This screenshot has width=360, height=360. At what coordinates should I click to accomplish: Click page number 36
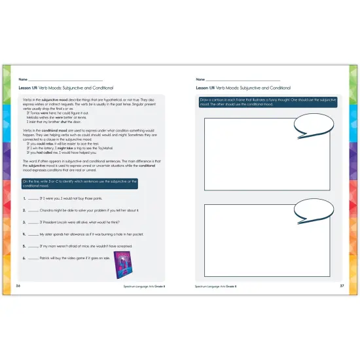[x=18, y=286]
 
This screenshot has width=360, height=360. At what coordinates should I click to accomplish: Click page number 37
[x=342, y=286]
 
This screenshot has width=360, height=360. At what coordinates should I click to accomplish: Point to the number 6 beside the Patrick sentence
[x=24, y=258]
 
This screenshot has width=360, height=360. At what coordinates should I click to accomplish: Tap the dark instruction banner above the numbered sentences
[x=90, y=183]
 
